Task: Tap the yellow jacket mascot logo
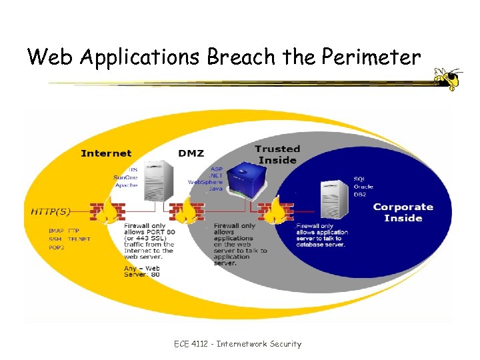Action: coord(447,78)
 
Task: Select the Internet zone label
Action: coord(106,154)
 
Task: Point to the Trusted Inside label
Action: coord(277,154)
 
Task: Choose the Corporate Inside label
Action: coord(403,213)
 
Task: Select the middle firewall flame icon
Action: coord(186,211)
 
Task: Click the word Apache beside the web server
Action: coord(125,185)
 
